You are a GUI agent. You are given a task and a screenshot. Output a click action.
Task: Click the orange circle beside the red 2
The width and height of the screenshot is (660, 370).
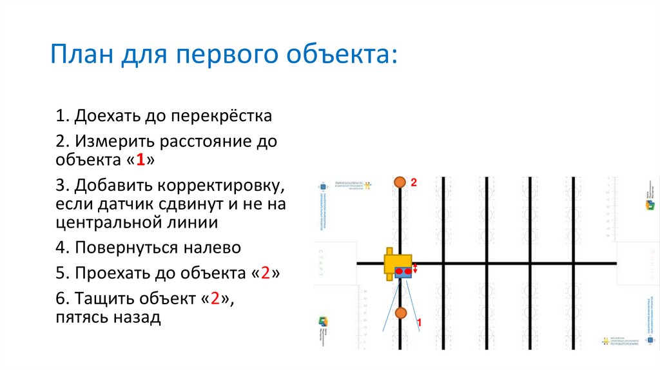point(400,183)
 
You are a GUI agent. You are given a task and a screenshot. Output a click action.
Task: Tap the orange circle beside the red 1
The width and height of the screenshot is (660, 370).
point(401,313)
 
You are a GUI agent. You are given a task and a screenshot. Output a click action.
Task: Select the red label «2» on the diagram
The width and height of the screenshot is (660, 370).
point(414,183)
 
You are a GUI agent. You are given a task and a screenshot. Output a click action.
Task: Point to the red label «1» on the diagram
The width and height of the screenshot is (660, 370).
point(420,321)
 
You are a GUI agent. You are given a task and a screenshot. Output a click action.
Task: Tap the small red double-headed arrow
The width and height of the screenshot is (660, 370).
point(416,269)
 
